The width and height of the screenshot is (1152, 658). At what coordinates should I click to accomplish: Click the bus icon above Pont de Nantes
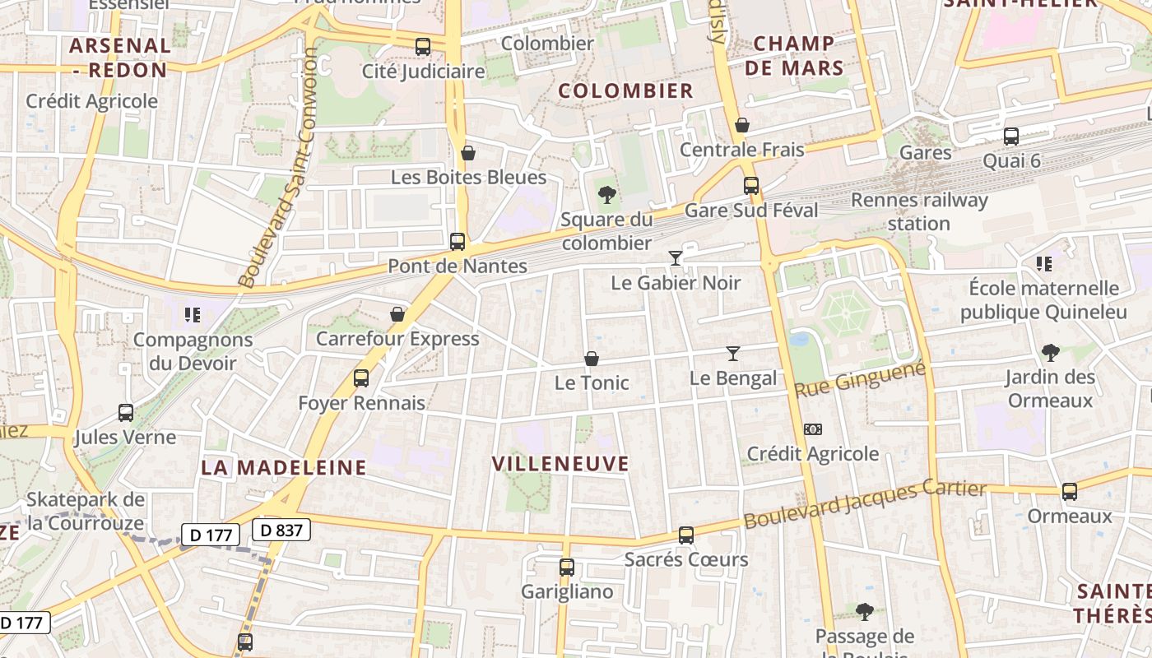point(458,242)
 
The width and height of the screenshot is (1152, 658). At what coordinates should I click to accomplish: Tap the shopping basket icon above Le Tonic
point(591,359)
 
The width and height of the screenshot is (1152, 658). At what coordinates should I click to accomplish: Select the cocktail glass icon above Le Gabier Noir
point(676,258)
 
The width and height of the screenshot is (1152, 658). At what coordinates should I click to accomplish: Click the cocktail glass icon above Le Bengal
point(733,354)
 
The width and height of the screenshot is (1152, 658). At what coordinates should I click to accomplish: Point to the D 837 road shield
point(281,531)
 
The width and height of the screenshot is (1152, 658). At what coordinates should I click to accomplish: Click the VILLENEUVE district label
point(560,464)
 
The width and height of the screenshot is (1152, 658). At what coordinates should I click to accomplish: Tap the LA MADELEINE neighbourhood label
point(284,468)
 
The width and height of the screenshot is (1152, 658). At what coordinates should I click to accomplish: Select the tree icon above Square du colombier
point(607,195)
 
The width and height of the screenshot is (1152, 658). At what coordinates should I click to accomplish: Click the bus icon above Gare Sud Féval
point(751,186)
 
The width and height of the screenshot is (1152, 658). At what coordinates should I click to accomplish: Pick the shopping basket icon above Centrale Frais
point(742,125)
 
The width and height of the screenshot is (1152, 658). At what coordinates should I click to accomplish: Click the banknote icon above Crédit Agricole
point(812,429)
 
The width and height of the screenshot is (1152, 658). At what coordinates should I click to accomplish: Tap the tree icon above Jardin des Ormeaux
point(1050,353)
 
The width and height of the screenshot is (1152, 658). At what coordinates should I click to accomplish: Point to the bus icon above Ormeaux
point(1070,492)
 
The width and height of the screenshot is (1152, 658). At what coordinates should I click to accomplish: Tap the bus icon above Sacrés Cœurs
point(686,535)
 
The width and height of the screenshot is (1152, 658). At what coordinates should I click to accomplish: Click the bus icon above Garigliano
point(567,568)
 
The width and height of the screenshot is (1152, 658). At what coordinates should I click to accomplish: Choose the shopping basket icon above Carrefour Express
point(397,314)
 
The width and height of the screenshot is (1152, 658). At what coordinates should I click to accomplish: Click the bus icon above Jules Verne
point(126,413)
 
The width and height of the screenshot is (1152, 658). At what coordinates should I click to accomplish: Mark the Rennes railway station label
point(919,211)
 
